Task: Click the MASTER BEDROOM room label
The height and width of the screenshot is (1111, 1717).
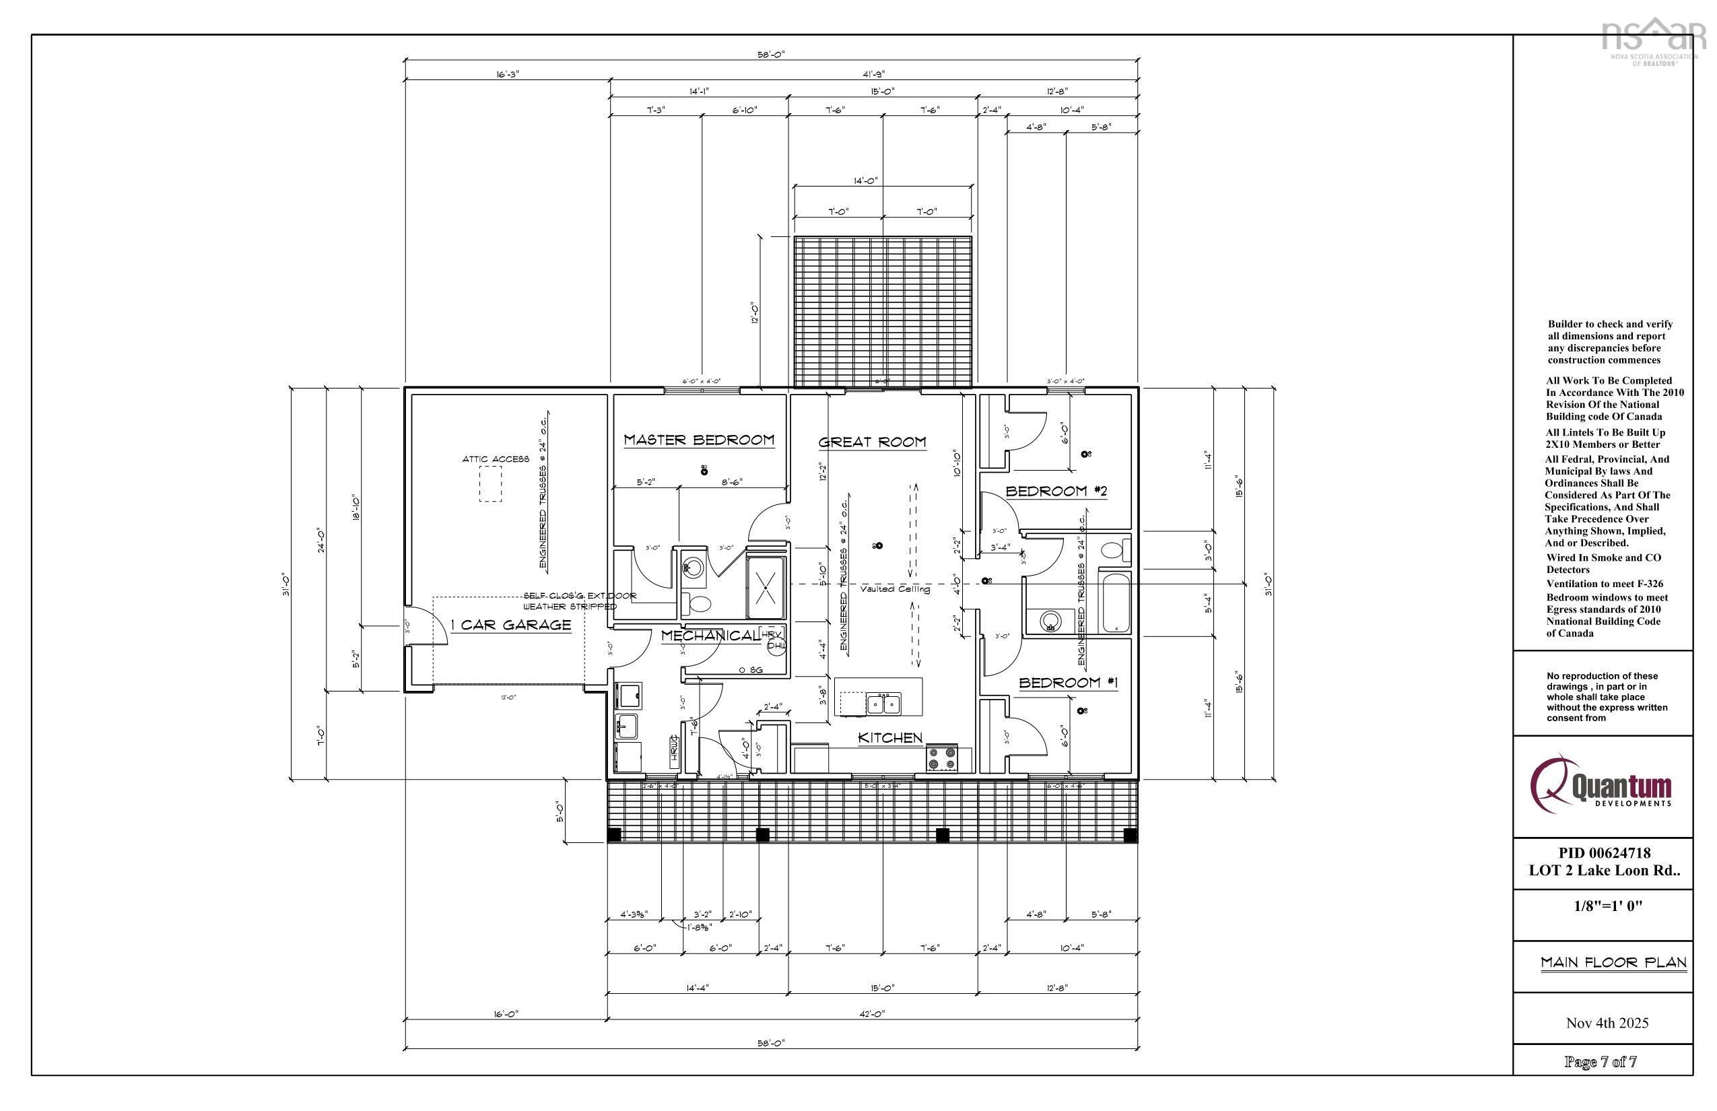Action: (698, 439)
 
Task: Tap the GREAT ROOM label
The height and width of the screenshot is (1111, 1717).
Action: (871, 442)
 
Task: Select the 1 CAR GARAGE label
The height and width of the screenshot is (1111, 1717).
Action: (511, 625)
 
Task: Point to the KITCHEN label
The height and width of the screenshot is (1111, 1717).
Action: (889, 737)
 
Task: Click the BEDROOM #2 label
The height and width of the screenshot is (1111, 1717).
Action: (1056, 492)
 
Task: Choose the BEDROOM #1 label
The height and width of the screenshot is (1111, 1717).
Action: (1068, 683)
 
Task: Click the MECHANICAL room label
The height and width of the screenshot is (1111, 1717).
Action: (710, 636)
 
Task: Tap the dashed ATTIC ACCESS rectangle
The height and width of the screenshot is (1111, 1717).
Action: (491, 484)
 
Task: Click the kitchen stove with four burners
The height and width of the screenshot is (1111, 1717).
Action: (941, 758)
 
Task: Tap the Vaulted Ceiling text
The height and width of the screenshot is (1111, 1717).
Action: (895, 589)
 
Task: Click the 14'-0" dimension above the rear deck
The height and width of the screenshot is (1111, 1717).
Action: (865, 181)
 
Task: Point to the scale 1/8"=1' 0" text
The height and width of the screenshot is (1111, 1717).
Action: (1607, 906)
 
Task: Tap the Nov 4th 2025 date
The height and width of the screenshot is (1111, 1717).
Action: (1607, 1023)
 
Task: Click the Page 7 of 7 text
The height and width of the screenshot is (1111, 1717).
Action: (1600, 1062)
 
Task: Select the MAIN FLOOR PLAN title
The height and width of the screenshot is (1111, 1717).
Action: (1613, 962)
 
